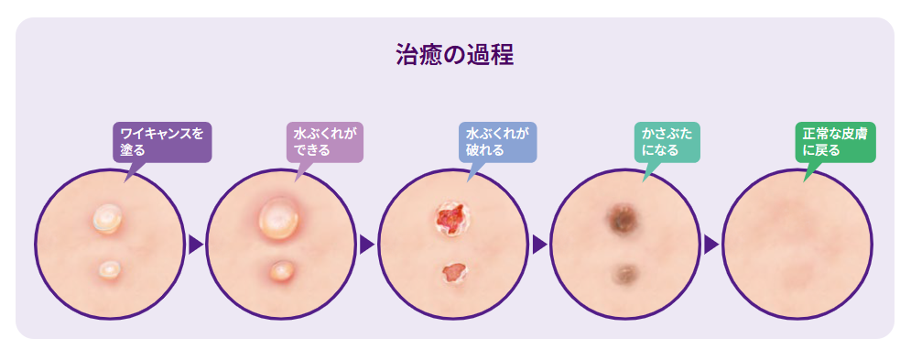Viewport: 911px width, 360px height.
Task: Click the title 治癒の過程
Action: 455,55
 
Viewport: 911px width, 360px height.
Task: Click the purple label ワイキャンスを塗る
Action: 162,142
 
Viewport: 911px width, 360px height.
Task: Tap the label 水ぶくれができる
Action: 325,142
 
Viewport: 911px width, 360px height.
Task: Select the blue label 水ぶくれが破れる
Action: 497,142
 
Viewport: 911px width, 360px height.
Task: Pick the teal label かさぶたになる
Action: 667,142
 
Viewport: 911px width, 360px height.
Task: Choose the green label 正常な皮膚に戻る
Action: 835,142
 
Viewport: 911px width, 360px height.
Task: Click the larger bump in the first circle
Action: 108,218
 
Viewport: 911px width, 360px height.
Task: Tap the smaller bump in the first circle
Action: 109,268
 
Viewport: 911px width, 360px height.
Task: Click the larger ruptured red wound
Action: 450,219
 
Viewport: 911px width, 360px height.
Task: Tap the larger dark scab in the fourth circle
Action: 622,219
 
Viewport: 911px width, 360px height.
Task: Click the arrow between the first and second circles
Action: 196,245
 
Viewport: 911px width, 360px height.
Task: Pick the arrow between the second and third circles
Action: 366,245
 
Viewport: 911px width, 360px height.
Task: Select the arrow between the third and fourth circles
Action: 539,245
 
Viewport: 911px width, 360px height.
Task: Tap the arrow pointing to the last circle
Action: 711,245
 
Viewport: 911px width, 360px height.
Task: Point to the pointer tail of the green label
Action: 810,171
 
